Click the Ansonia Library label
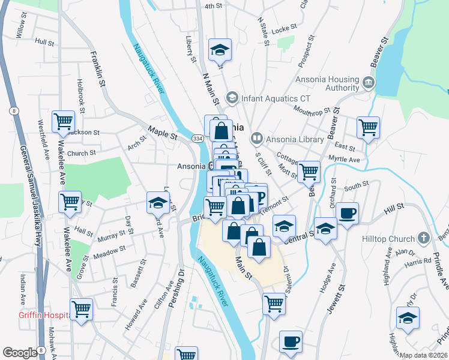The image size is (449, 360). point(295,139)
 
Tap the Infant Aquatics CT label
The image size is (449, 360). point(277,98)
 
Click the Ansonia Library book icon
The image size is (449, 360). point(258,139)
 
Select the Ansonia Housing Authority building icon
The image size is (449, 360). point(369,82)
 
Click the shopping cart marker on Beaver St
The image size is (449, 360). point(368,127)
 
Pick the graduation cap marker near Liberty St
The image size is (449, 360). point(220,50)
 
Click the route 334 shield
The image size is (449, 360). point(197,139)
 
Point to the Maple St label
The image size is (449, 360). point(163,133)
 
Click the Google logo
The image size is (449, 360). point(20,353)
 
